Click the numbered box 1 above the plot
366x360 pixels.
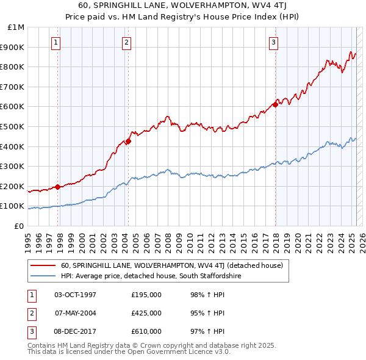56,42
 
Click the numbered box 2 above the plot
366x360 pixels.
126,42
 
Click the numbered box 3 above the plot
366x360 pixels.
273,42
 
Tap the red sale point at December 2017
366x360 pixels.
275,104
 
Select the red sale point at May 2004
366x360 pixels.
129,141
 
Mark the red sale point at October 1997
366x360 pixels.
58,187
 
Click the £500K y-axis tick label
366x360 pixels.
13,126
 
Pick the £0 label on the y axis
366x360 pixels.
20,226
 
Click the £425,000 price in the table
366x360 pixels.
146,313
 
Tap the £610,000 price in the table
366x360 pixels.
146,331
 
